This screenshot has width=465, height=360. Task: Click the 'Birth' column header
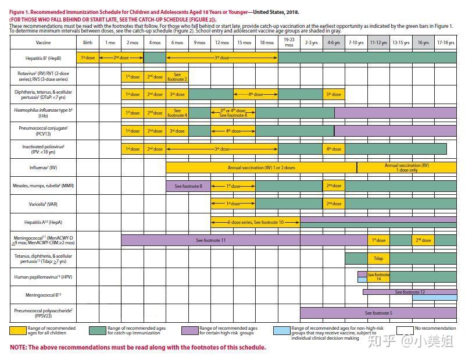tap(87, 42)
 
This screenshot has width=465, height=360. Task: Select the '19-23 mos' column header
tap(289, 42)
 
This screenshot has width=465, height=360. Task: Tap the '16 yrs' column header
tap(423, 42)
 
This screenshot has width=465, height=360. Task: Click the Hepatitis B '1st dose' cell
tap(88, 58)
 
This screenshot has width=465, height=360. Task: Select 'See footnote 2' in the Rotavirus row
tap(177, 77)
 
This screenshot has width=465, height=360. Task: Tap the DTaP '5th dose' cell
tap(334, 94)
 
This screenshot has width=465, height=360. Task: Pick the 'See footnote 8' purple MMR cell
tap(188, 186)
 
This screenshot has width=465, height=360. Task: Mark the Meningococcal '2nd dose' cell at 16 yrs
tap(423, 240)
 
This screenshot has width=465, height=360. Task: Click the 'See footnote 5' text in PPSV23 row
tap(378, 313)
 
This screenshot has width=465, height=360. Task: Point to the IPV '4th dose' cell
tap(334, 149)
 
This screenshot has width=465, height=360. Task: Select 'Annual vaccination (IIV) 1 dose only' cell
tap(406, 167)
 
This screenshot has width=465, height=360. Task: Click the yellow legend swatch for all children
tap(17, 330)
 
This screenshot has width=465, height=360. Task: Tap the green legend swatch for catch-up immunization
tap(97, 330)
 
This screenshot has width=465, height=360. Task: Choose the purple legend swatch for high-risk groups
tap(189, 330)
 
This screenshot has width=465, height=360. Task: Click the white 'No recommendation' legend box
tap(405, 330)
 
